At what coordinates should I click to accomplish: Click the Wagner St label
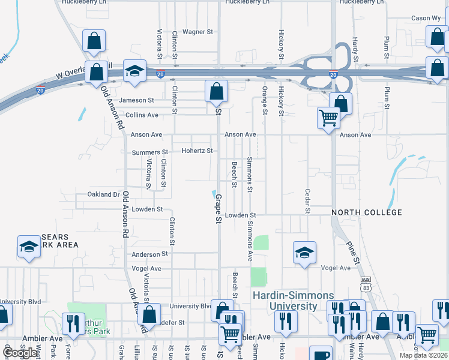click(x=198, y=32)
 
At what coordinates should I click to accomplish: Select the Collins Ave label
click(x=142, y=115)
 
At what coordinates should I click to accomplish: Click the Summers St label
click(x=150, y=152)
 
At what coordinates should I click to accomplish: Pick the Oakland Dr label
click(x=103, y=194)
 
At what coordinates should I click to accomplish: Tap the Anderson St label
click(x=149, y=254)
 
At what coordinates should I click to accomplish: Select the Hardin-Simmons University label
click(x=285, y=301)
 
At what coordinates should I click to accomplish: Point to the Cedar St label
click(x=307, y=202)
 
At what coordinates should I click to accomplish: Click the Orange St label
click(x=264, y=100)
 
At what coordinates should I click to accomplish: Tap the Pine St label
click(x=352, y=253)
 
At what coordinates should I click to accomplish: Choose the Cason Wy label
click(x=425, y=19)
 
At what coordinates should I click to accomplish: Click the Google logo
click(x=19, y=353)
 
